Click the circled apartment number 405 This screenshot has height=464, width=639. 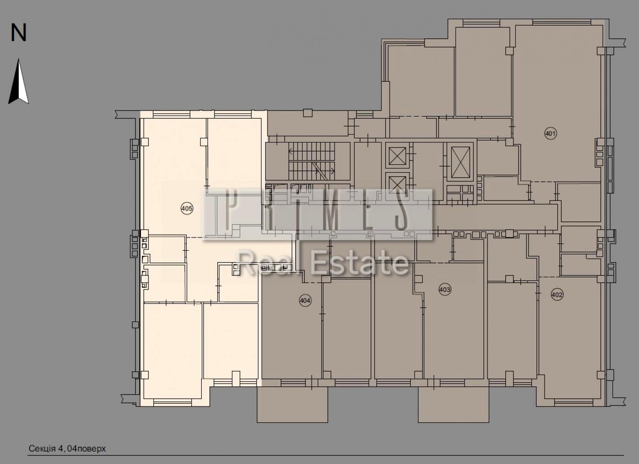[x=187, y=208]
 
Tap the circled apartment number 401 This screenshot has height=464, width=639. [x=550, y=133]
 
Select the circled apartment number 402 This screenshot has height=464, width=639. [x=557, y=295]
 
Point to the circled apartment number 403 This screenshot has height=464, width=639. [x=445, y=290]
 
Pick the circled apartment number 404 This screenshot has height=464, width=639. [x=305, y=300]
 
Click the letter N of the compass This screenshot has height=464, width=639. [x=19, y=32]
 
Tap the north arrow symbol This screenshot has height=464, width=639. [x=19, y=81]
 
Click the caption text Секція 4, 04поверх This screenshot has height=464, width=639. [x=67, y=448]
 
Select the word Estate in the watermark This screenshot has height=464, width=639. [x=360, y=263]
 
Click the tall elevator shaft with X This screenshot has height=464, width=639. [x=461, y=162]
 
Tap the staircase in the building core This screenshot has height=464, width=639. [x=311, y=161]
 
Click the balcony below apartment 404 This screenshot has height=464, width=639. [x=293, y=404]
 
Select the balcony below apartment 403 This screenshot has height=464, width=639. [x=454, y=404]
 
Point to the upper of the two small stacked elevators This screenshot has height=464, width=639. [x=398, y=156]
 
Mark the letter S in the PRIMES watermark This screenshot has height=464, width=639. [x=402, y=211]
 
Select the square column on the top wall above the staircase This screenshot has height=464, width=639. [x=308, y=113]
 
